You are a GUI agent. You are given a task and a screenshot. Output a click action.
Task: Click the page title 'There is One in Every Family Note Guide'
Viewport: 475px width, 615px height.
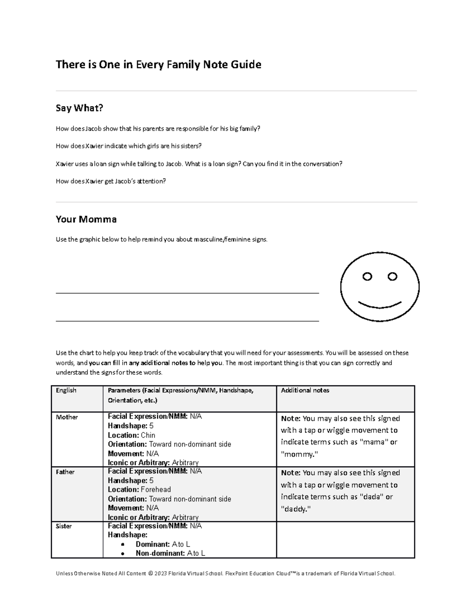pos(158,65)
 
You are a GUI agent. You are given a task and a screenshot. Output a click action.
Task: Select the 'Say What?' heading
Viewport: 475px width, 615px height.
pos(79,108)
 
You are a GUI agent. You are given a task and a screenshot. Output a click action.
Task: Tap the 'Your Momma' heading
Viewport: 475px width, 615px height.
pos(86,219)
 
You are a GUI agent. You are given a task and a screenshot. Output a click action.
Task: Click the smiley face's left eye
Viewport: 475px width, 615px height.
pos(367,276)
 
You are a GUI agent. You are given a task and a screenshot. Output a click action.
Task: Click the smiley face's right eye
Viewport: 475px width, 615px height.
pos(392,276)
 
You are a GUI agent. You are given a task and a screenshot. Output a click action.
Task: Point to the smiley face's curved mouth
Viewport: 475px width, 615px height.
pos(379,306)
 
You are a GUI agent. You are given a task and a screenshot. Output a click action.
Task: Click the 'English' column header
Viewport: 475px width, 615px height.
pos(66,390)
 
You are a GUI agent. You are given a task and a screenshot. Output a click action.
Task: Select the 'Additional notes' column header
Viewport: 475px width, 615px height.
pos(305,390)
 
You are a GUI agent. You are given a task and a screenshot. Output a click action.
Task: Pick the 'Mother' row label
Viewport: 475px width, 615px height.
pos(67,417)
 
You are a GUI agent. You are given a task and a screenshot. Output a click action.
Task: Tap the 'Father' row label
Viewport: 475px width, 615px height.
pos(65,472)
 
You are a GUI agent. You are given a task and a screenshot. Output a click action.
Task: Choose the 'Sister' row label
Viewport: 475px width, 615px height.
pos(64,526)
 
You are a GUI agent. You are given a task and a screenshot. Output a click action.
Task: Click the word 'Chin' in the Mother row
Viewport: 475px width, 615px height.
pos(148,435)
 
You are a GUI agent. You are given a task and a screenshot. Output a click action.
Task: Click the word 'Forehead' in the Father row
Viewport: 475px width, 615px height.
pos(156,489)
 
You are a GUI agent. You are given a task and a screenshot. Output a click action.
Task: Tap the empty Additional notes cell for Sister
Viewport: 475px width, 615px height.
pos(345,540)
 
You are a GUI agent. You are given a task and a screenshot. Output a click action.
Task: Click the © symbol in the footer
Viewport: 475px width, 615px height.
pos(150,573)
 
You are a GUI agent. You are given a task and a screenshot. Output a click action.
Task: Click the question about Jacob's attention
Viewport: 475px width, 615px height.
pos(111,181)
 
